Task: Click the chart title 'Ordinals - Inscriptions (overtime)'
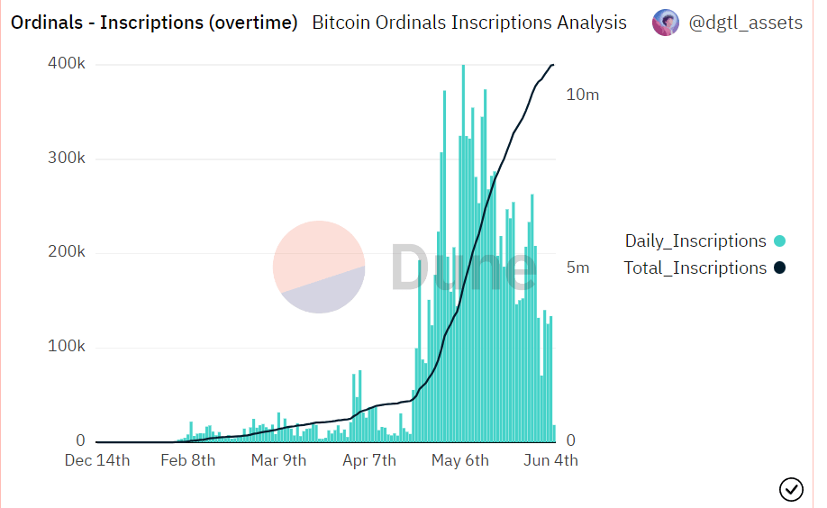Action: (x=154, y=23)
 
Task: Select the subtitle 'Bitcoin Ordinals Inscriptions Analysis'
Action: (x=469, y=23)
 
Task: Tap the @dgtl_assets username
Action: (x=745, y=23)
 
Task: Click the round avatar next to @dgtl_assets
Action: (x=666, y=23)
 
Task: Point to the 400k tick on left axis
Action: (x=66, y=64)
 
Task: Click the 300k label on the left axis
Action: (x=66, y=159)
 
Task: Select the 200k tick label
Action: (x=66, y=253)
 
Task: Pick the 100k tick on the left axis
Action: (x=66, y=348)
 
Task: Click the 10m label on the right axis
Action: (x=582, y=95)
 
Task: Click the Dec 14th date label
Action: (x=97, y=461)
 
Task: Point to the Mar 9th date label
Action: (x=278, y=461)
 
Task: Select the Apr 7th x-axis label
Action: (x=368, y=461)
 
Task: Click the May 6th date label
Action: (x=460, y=461)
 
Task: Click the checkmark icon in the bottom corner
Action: (x=791, y=489)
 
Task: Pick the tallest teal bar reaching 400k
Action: (x=463, y=252)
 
